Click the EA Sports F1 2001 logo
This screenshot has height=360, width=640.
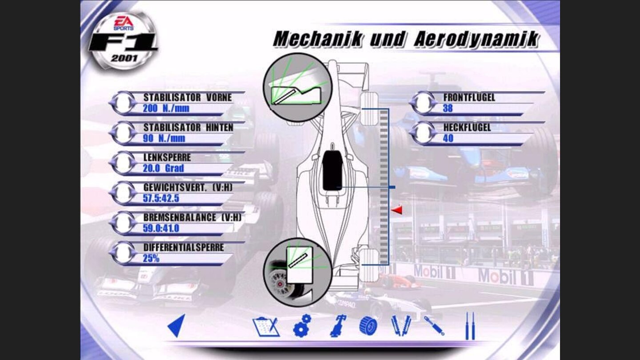click(x=124, y=40)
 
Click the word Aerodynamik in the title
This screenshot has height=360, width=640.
click(x=476, y=39)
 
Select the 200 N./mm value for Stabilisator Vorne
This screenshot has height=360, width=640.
click(x=166, y=108)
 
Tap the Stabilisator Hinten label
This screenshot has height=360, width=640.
click(x=188, y=128)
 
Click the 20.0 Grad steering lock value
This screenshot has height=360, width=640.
click(x=164, y=168)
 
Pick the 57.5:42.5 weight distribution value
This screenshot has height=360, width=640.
click(x=161, y=198)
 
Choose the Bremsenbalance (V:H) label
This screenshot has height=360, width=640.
click(x=192, y=217)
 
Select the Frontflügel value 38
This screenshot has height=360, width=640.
click(x=448, y=108)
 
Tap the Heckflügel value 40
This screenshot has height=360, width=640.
click(x=448, y=138)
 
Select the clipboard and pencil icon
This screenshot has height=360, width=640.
click(x=266, y=327)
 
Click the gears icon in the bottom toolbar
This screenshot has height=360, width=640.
click(x=302, y=326)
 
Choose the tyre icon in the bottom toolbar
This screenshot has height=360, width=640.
click(x=368, y=326)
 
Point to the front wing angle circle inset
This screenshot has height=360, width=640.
click(x=297, y=87)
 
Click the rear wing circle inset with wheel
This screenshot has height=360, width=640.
click(x=297, y=272)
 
